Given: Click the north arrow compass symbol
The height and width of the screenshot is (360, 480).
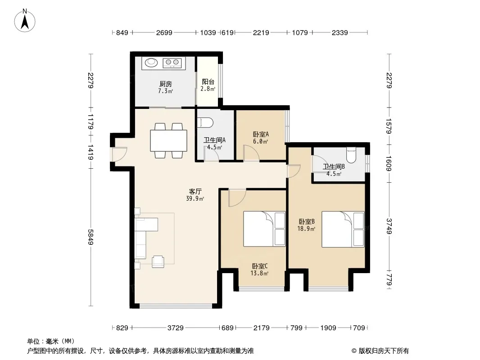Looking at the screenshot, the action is [x=25, y=21].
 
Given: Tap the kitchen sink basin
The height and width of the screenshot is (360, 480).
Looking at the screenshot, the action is [x=151, y=63].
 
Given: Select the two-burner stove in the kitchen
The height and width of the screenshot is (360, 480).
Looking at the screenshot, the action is [x=172, y=63].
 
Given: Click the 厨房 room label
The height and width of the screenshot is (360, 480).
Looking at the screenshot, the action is [x=166, y=84].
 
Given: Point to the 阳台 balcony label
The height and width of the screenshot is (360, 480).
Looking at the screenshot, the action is [x=208, y=81].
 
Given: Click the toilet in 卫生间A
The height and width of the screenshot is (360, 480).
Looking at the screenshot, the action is [x=205, y=122].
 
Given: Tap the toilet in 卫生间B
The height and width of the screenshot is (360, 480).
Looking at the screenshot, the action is [x=351, y=155].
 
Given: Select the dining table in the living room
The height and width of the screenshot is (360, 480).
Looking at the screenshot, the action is [x=169, y=140].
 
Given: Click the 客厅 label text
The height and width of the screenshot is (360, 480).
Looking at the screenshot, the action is [x=195, y=191].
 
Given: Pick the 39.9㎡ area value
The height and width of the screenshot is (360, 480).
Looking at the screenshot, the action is [x=195, y=198].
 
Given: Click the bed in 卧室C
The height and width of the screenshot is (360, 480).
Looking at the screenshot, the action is [x=264, y=229].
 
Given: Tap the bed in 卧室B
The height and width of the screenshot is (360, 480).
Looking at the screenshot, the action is [x=343, y=229].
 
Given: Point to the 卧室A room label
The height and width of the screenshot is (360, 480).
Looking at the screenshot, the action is [x=261, y=134].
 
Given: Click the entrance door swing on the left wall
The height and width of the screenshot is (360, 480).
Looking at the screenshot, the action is [x=119, y=154].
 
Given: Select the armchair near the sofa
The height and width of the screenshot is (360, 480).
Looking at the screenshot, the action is [x=158, y=261].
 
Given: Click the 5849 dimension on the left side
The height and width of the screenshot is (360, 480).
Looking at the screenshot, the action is [x=91, y=237].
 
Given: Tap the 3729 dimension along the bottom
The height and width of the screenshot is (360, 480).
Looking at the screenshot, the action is [x=176, y=328].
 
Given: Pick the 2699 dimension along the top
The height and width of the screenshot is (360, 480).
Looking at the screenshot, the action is [x=164, y=32].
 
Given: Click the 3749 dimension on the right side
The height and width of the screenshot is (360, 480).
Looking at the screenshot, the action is [x=389, y=226].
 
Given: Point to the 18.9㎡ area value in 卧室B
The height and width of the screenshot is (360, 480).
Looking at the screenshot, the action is [x=307, y=229].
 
